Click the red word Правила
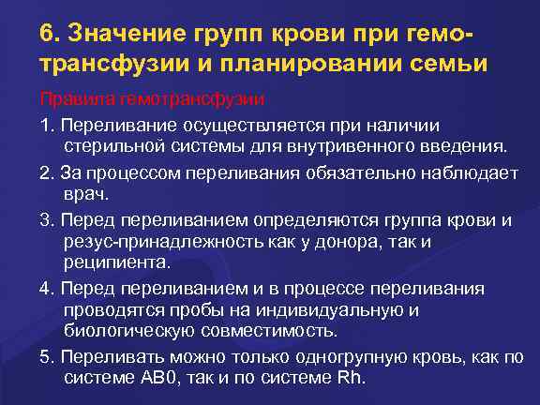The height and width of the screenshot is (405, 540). (71, 97)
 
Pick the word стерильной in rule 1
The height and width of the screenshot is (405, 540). (115, 146)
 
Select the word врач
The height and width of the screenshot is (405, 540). (85, 195)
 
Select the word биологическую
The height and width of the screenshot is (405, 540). (134, 332)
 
